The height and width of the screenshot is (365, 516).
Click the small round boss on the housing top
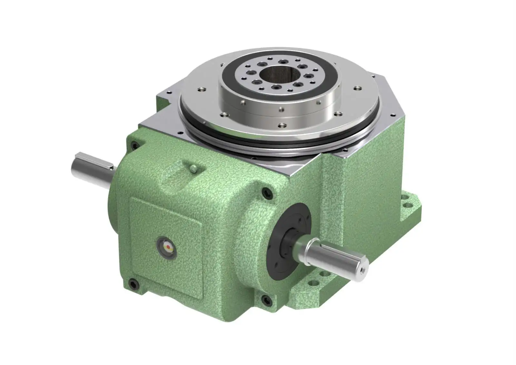point(193,167)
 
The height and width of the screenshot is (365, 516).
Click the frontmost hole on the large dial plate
point(282,125)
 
